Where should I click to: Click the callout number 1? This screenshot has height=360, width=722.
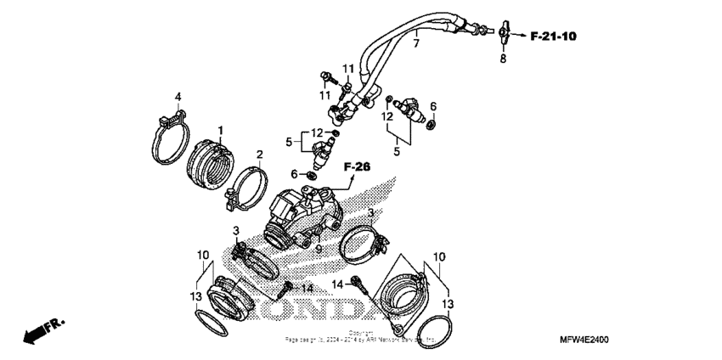point(220,130)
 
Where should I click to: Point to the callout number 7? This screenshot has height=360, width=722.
point(416,42)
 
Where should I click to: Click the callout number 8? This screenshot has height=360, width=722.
point(503,59)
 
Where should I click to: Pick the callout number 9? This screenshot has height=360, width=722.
point(318,249)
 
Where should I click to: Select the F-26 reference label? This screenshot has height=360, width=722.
point(358,168)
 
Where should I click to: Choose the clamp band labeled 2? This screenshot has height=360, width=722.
point(242,190)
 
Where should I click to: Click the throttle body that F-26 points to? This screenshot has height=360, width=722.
point(302,212)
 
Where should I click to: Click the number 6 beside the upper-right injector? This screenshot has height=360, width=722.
point(432,106)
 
